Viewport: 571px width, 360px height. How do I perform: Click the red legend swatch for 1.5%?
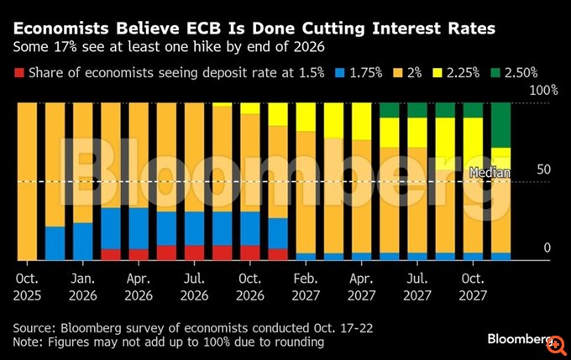tap(19, 73)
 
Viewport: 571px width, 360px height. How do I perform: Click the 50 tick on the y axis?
tap(544, 169)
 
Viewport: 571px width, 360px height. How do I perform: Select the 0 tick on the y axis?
tap(547, 248)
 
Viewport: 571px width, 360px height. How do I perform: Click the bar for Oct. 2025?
tap(27, 180)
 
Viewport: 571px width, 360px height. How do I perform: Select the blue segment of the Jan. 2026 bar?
tap(82, 241)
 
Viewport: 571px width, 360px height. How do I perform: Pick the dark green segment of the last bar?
tap(500, 124)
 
